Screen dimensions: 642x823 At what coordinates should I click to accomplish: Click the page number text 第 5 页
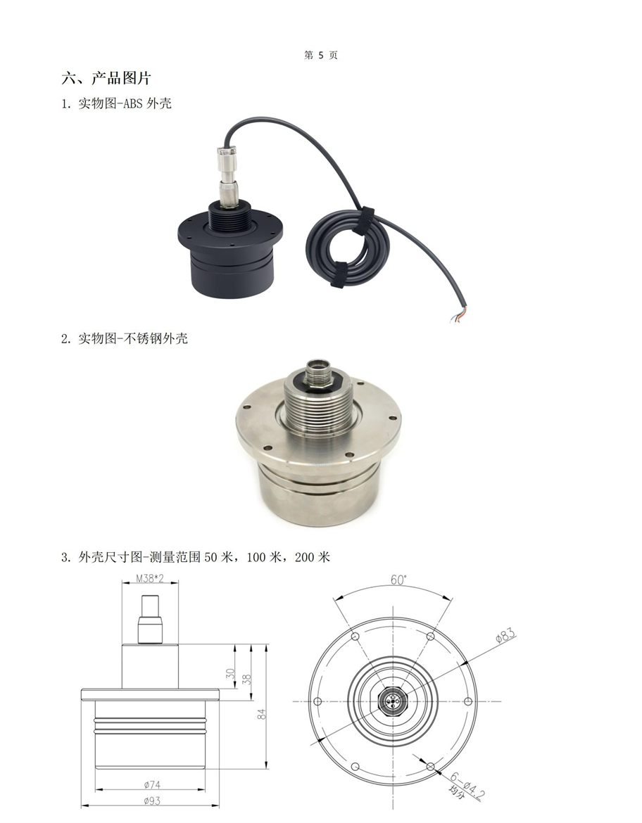[x=320, y=55]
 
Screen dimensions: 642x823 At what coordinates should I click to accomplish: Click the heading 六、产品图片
[x=106, y=78]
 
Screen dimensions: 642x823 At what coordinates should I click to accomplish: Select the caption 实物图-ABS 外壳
[x=125, y=103]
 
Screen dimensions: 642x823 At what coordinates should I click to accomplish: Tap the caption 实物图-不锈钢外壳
[x=133, y=338]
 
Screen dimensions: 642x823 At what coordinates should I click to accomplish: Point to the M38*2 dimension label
[x=150, y=578]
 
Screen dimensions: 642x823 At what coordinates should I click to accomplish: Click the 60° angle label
[x=398, y=580]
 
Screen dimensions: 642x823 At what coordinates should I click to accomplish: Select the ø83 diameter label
[x=505, y=636]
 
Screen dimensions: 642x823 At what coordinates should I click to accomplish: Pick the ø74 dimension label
[x=152, y=785]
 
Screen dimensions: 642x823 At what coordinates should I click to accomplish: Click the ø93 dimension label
[x=152, y=801]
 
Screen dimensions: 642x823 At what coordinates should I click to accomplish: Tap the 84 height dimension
[x=262, y=714]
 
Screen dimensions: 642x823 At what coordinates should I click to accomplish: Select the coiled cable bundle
[x=347, y=247]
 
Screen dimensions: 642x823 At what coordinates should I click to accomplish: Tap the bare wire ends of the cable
[x=458, y=314]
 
